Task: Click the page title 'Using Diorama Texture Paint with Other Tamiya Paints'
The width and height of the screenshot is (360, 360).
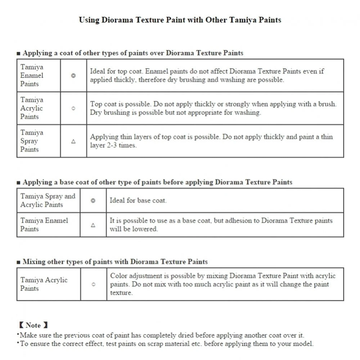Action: [x=180, y=20]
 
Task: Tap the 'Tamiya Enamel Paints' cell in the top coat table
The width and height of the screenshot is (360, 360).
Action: [x=32, y=75]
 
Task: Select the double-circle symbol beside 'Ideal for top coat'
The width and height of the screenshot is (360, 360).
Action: [x=73, y=76]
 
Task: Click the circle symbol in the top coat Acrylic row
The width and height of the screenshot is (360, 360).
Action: [x=73, y=108]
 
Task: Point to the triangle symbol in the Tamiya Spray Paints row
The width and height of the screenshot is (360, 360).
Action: [x=73, y=141]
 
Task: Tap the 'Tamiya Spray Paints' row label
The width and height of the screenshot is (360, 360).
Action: [x=32, y=141]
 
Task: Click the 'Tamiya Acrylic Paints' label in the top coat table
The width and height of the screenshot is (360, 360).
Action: [x=32, y=108]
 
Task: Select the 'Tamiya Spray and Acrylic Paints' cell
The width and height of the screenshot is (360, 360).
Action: [x=48, y=201]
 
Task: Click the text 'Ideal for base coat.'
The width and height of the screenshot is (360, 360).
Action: [x=138, y=201]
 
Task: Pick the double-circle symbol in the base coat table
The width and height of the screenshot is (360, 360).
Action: [x=93, y=201]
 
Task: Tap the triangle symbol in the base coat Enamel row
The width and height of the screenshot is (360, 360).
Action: [x=93, y=225]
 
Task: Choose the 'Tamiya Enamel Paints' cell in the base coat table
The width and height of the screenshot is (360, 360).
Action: [x=44, y=225]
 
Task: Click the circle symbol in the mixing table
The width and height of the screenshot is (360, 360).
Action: [x=94, y=284]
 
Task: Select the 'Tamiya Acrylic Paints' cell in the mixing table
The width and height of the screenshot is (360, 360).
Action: [x=44, y=284]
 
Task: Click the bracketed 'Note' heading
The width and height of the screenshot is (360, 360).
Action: [x=33, y=325]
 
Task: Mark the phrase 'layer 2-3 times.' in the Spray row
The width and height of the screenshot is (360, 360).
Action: [x=113, y=145]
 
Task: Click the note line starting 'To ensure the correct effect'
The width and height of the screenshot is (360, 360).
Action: [x=166, y=344]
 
